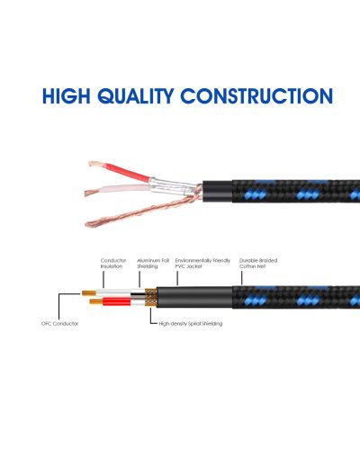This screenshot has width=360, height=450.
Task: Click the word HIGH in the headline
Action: (x=66, y=96)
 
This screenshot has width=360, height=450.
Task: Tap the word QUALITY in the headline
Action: (x=136, y=96)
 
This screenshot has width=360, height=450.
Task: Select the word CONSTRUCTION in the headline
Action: (x=256, y=96)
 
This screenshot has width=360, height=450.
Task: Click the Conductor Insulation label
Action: (x=113, y=264)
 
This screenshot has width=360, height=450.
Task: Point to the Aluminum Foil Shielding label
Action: (x=153, y=264)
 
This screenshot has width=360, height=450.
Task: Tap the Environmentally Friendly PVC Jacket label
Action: (x=202, y=264)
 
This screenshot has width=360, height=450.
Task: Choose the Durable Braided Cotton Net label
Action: (x=258, y=264)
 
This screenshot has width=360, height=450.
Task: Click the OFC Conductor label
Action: (x=59, y=324)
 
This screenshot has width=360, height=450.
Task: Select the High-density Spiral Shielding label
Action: (x=191, y=324)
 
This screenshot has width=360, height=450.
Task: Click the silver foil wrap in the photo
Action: (x=171, y=186)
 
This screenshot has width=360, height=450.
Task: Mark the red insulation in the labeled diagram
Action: (x=117, y=301)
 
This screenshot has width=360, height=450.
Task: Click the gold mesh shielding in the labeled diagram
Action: (x=150, y=297)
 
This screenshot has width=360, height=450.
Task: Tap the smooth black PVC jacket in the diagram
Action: (x=194, y=297)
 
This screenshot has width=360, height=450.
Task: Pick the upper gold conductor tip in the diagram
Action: (x=89, y=292)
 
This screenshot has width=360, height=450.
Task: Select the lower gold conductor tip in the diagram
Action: (x=96, y=301)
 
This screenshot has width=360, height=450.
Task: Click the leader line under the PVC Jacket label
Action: (x=177, y=278)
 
